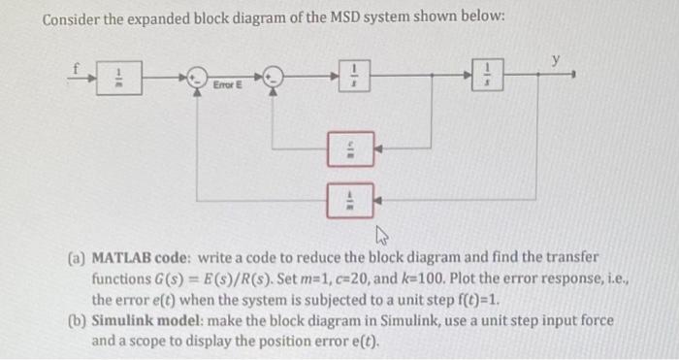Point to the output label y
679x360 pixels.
tap(556, 60)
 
